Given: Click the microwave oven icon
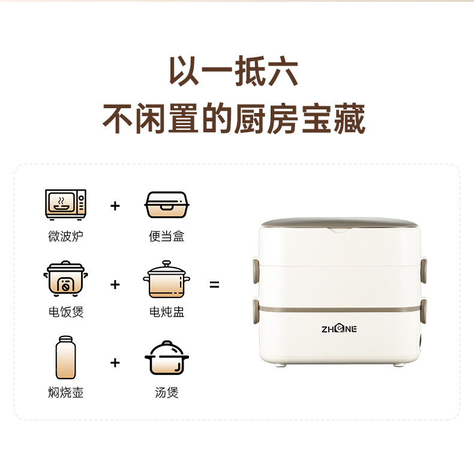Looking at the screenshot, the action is coord(65,205).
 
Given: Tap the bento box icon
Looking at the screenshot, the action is coord(167,205).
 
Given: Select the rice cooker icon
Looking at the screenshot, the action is coord(65,278).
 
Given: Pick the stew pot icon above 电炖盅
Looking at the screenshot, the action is coord(167,279).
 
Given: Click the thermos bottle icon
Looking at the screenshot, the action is coord(65,357).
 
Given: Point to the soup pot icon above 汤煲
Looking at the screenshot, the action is coord(167,358).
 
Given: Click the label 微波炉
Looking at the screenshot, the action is coord(65,236).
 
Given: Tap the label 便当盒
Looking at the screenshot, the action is coord(167,236).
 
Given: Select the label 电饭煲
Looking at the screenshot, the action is coord(66,312).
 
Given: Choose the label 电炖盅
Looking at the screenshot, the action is coord(167,312).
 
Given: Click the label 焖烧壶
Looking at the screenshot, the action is coord(65,392).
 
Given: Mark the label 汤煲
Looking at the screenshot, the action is coord(167,392).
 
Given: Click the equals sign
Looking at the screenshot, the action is coord(214,284).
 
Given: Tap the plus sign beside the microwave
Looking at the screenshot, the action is coord(115,206).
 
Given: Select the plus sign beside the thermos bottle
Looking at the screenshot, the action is coord(115,362).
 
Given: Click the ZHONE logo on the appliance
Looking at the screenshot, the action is coord(339,329).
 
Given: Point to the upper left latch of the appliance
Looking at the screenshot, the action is coord(256,270).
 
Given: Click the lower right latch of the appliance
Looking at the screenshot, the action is coord(424,311).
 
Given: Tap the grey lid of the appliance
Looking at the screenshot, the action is coord(340,223).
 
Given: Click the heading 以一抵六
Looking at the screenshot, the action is coord(233,71).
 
